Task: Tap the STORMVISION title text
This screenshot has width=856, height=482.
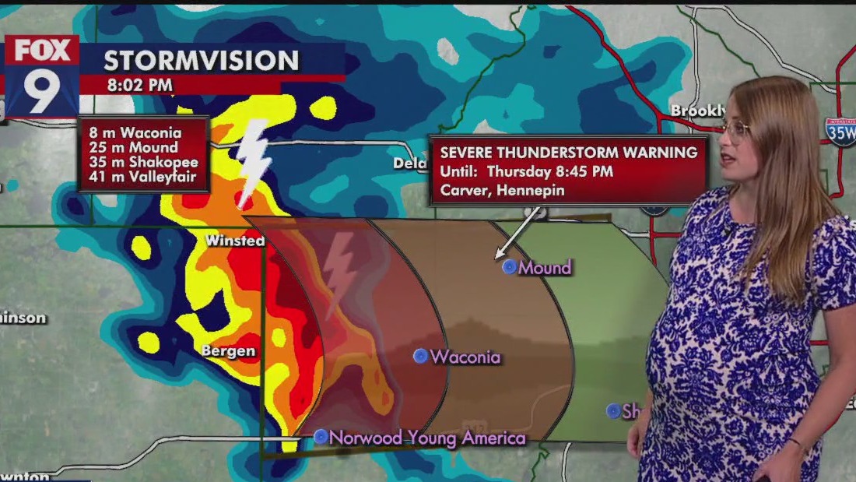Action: click(202, 61)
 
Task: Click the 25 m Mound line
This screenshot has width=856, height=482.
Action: click(132, 147)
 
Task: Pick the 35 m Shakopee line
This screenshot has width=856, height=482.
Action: click(142, 162)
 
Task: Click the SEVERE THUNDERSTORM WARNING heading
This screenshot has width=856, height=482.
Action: click(569, 153)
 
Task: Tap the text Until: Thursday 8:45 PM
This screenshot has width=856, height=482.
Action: click(527, 171)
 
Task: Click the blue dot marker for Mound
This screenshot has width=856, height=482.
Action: click(510, 267)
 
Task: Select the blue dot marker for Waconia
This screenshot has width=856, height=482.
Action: click(421, 357)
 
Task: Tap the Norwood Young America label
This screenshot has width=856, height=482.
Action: click(427, 438)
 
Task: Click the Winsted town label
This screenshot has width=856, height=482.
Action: click(235, 241)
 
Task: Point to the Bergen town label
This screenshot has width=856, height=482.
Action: click(228, 351)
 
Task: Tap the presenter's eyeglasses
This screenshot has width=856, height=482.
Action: click(734, 129)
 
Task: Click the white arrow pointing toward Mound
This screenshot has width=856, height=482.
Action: click(517, 234)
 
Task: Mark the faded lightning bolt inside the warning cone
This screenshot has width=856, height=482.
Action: click(339, 273)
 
